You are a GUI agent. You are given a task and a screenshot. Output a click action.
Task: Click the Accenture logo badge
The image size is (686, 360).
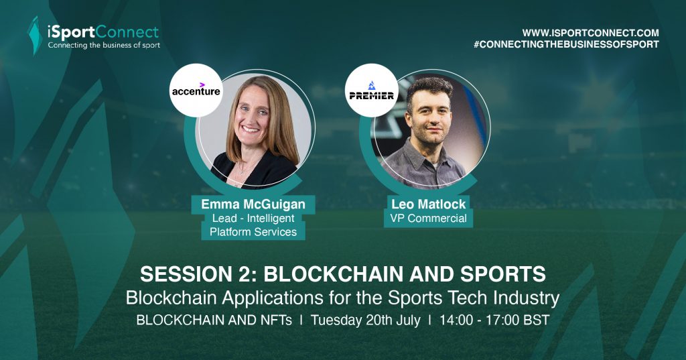pyautogui.click(x=196, y=91)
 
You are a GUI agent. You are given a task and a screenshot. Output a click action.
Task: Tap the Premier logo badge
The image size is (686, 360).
pyautogui.click(x=371, y=91)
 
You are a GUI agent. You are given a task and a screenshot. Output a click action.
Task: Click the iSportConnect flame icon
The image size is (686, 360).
pyautogui.click(x=35, y=36)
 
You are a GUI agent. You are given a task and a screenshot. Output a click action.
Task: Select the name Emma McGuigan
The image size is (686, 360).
pyautogui.click(x=253, y=204)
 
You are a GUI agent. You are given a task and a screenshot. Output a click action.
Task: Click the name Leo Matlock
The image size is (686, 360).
pyautogui.click(x=428, y=204)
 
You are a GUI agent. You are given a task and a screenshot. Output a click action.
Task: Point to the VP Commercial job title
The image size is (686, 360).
pyautogui.click(x=428, y=218)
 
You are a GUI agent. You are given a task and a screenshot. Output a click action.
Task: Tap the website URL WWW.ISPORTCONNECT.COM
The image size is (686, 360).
pyautogui.click(x=590, y=33)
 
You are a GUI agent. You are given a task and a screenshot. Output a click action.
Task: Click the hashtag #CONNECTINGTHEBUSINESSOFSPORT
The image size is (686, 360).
pyautogui.click(x=566, y=44)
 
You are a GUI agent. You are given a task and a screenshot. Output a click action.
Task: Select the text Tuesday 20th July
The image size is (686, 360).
pyautogui.click(x=365, y=320)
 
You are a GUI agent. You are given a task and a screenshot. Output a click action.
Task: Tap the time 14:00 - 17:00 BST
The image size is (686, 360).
pyautogui.click(x=494, y=320)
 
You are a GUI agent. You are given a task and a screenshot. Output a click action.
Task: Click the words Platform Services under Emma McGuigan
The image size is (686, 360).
pyautogui.click(x=253, y=232)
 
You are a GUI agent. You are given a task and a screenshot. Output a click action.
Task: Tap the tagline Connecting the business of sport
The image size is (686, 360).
pyautogui.click(x=104, y=45)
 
